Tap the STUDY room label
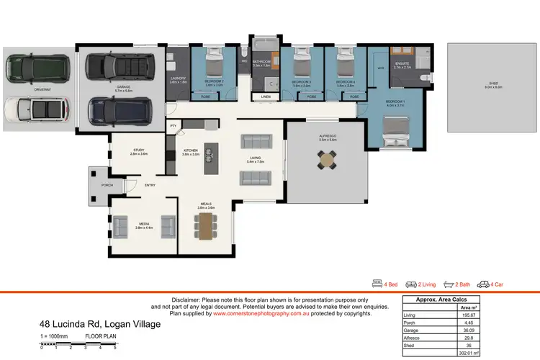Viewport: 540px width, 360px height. click(139, 150)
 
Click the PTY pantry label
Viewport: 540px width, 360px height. click(173, 126)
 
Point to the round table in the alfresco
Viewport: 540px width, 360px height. click(328, 160)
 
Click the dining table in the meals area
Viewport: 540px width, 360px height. click(207, 225)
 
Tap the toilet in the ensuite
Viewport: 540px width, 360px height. click(425, 77)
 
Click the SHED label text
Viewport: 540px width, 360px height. click(493, 84)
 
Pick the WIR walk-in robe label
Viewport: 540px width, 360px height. click(381, 68)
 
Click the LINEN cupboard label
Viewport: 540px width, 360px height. click(266, 96)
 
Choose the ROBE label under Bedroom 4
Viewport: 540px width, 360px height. click(354, 96)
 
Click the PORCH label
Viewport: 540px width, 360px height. click(107, 185)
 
